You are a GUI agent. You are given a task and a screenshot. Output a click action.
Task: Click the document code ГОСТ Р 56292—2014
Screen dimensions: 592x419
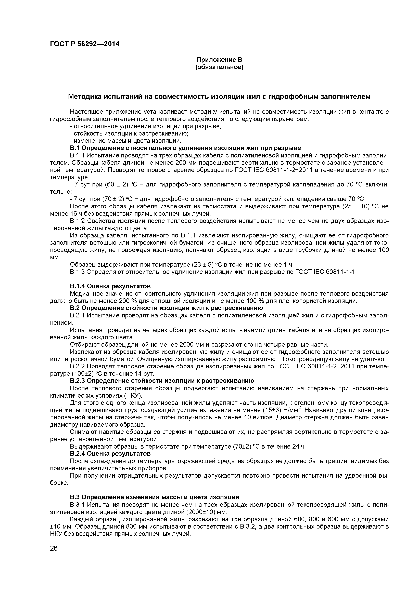tap(85, 44)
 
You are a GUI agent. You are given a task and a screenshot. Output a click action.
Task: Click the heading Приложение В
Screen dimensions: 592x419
tap(219, 60)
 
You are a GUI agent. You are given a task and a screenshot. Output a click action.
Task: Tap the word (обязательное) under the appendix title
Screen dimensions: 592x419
tap(219, 67)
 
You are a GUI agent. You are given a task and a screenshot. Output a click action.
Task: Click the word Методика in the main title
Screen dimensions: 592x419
tap(85, 97)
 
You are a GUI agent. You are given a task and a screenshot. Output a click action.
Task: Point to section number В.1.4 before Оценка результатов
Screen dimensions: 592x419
tap(77, 286)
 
